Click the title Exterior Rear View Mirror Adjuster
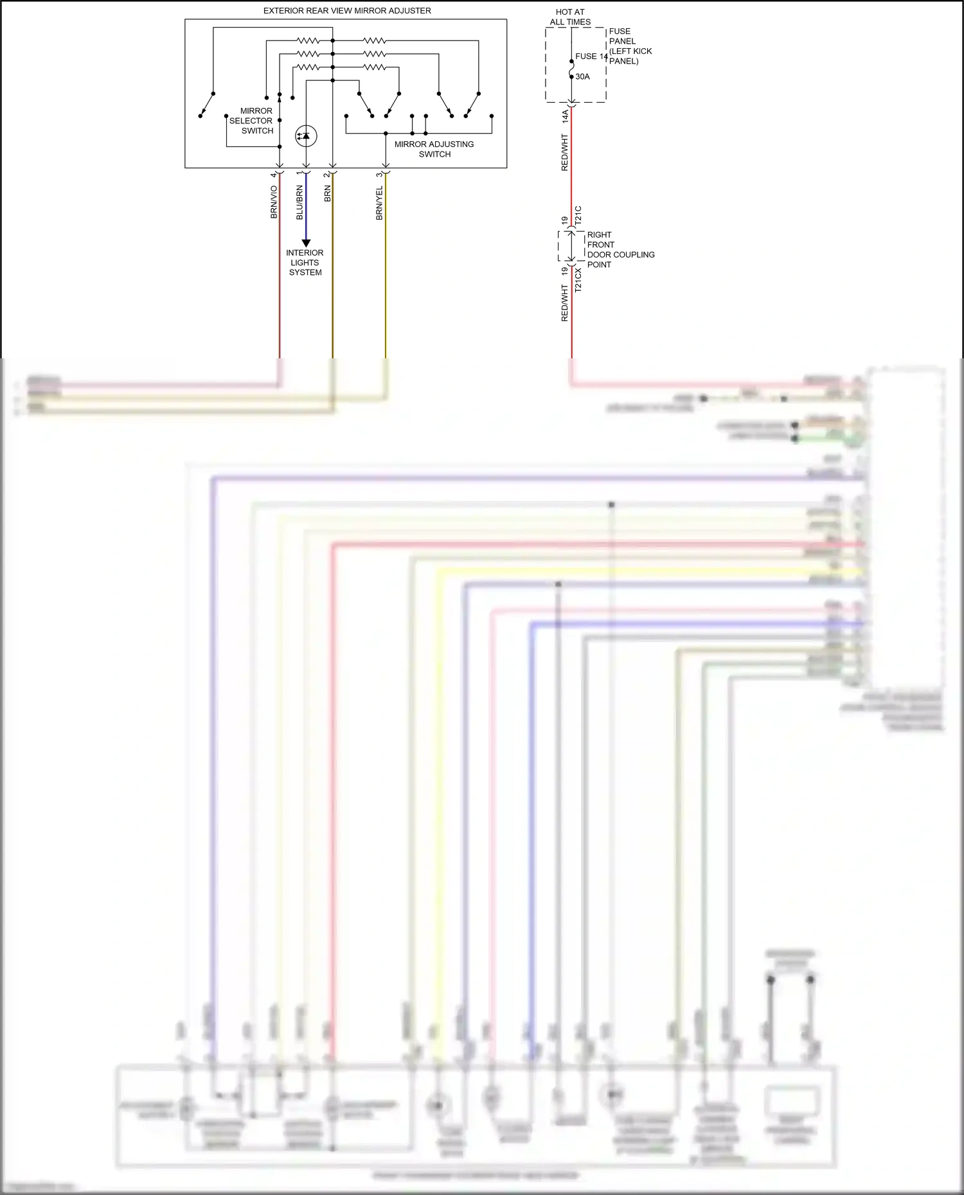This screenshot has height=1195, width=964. [347, 11]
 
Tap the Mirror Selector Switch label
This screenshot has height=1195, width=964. [251, 121]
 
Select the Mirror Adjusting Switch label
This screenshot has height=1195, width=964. [434, 149]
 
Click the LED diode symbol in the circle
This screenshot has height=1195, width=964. [306, 136]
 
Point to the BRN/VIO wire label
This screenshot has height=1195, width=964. [274, 202]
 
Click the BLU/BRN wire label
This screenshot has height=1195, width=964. [299, 203]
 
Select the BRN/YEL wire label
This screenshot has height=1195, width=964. [379, 203]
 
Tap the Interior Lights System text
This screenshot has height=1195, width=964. [305, 263]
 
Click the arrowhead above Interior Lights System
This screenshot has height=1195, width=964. [306, 243]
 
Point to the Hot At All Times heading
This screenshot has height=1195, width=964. [570, 17]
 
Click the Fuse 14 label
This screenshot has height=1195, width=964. [591, 57]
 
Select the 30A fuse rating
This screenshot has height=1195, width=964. [582, 76]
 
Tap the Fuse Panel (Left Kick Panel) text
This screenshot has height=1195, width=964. [630, 46]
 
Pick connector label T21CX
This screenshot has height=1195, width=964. [578, 281]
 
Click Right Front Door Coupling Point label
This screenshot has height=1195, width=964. [620, 250]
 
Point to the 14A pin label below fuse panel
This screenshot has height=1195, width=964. [565, 116]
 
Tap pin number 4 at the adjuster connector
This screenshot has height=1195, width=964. [274, 175]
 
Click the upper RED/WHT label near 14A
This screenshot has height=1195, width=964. [565, 152]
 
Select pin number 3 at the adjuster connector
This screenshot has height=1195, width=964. [379, 175]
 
